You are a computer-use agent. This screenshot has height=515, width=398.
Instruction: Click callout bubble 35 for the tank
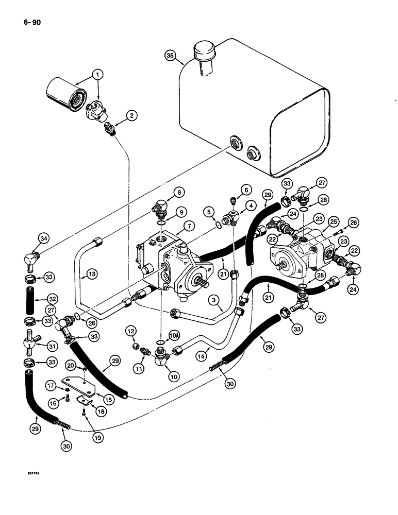click(171, 55)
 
